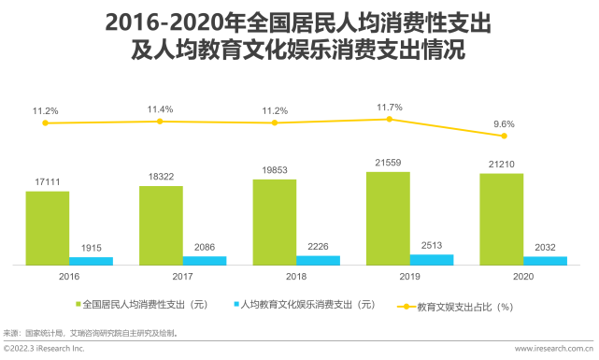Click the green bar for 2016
[47, 228]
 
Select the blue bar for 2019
[431, 260]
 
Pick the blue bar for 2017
[204, 261]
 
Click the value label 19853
[274, 170]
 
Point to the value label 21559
[388, 163]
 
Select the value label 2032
[545, 247]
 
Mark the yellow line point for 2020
[503, 137]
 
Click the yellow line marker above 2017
[160, 122]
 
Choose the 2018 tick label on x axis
[296, 277]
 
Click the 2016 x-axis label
[69, 277]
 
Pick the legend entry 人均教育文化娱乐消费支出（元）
[307, 305]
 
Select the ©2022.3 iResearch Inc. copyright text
[44, 349]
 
